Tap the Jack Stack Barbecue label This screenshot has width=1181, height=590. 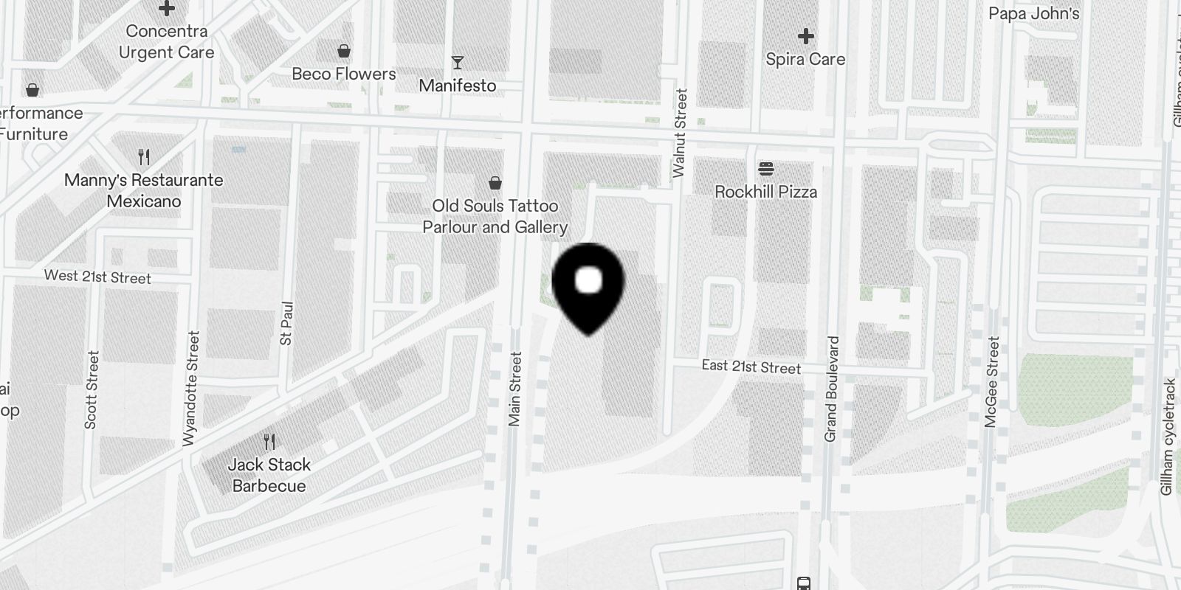tap(269, 475)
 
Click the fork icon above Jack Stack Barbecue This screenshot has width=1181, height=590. tap(269, 442)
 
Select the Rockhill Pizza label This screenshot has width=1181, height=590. tap(765, 192)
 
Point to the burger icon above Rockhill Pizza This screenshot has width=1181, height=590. tap(765, 169)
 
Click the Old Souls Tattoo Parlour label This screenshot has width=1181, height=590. tap(495, 216)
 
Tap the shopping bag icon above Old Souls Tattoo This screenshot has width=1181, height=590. tap(495, 182)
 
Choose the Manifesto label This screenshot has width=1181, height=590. tap(457, 86)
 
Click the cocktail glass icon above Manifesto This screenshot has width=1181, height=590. tap(458, 63)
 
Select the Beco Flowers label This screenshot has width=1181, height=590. tap(343, 74)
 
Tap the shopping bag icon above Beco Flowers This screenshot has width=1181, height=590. tap(343, 51)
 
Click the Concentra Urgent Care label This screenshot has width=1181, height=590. tap(166, 41)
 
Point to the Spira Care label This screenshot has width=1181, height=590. tap(805, 59)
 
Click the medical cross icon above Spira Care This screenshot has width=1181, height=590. tap(805, 35)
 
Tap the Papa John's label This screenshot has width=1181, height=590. tap(1033, 13)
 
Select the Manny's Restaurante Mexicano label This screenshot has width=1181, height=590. tap(143, 190)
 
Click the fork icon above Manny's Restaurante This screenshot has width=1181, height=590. tap(144, 156)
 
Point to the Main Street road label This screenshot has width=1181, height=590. tap(514, 389)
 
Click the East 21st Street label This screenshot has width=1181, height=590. tap(751, 367)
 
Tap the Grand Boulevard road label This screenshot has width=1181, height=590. tap(831, 389)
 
